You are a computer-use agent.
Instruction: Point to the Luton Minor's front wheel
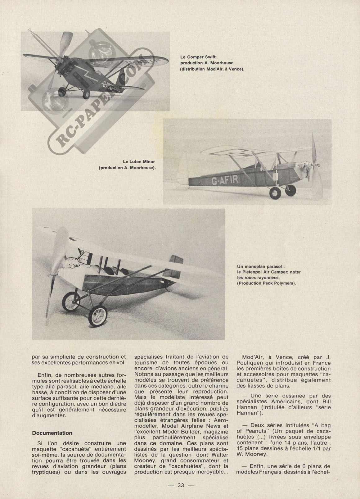[x=275, y=193]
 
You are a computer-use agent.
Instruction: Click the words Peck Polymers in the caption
[x=277, y=283]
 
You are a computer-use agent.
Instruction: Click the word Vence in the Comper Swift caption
[x=236, y=69]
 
